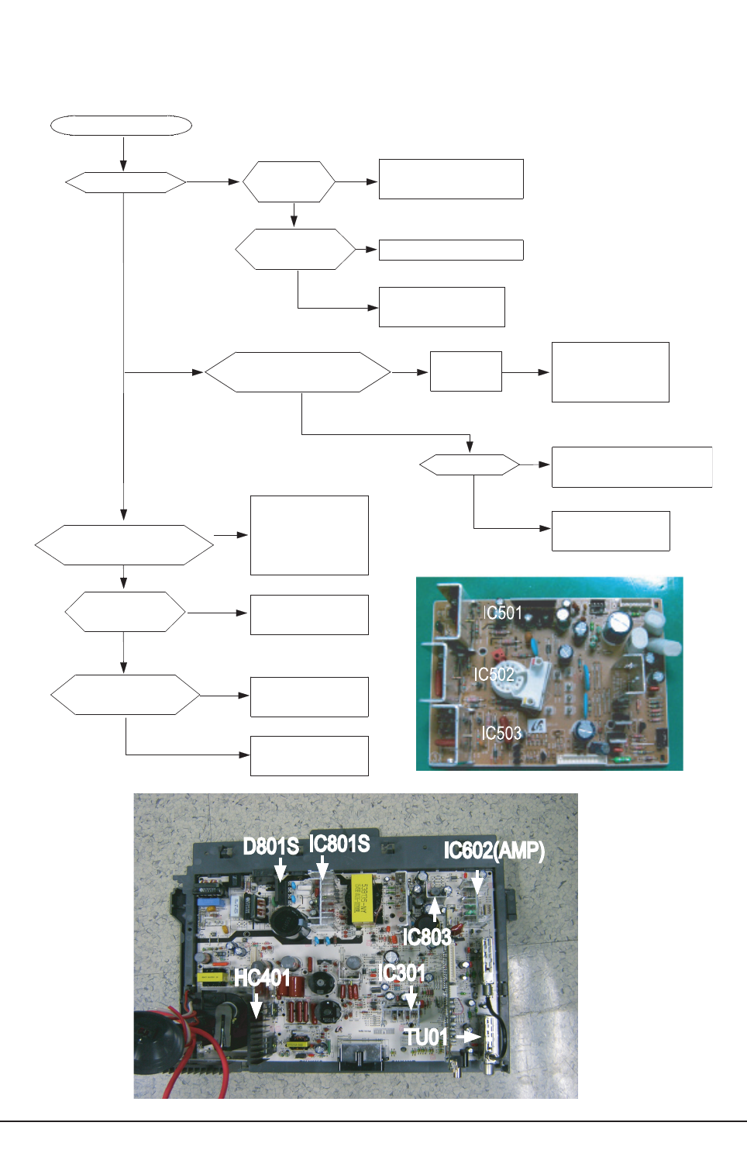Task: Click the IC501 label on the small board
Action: click(x=502, y=613)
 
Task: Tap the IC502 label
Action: click(x=494, y=674)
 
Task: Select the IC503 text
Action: click(x=501, y=733)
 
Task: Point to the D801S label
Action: click(x=271, y=846)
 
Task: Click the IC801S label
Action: click(x=339, y=844)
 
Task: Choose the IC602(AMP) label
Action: click(x=494, y=851)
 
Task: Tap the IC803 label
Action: click(x=426, y=937)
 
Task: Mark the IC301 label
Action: click(x=402, y=972)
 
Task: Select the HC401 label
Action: click(x=262, y=978)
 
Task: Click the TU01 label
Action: click(x=426, y=1037)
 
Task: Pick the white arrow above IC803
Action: click(x=435, y=908)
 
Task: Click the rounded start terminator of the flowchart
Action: click(x=121, y=125)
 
